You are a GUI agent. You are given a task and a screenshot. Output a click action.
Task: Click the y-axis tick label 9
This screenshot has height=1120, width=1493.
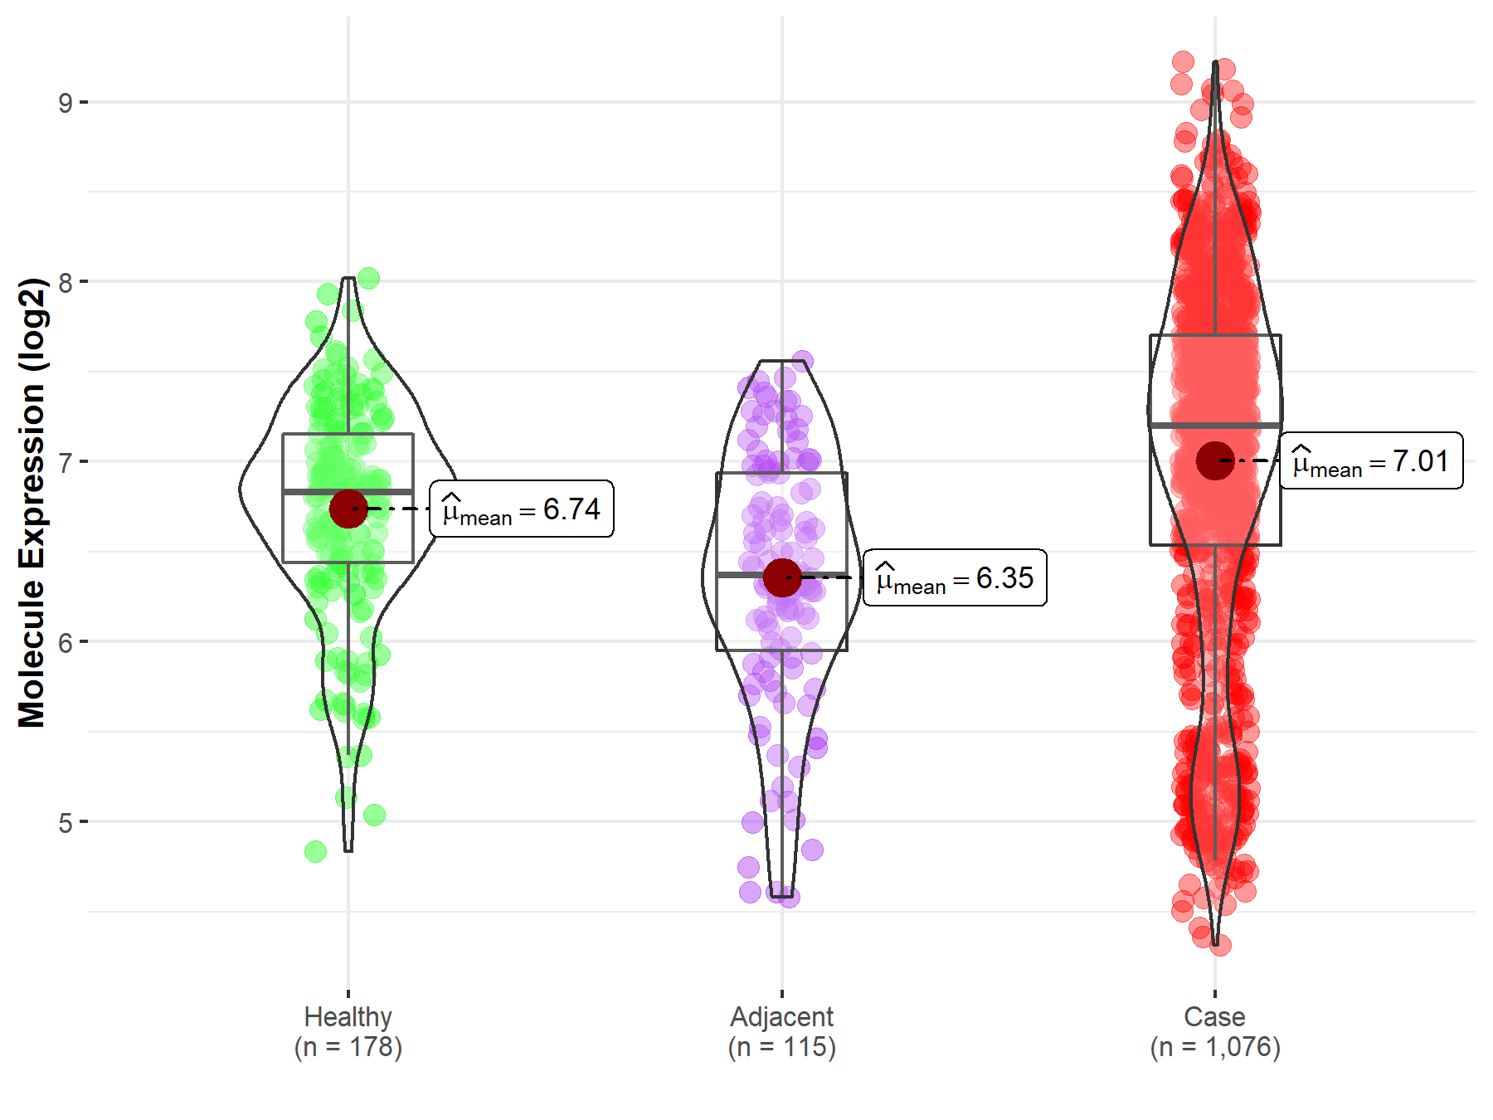click(65, 103)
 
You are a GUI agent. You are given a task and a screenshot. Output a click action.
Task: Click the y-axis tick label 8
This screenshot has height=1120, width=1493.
click(65, 282)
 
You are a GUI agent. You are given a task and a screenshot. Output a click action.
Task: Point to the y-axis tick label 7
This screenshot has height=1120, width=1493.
click(65, 462)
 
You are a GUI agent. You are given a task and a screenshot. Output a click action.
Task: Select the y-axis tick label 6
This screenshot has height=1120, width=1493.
click(65, 642)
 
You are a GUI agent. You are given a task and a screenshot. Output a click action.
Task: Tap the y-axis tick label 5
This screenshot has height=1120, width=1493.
click(65, 822)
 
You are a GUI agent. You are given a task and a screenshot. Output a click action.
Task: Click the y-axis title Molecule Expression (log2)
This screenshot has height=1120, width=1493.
click(32, 503)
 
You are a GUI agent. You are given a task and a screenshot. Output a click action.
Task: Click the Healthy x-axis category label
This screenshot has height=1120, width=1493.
click(348, 1016)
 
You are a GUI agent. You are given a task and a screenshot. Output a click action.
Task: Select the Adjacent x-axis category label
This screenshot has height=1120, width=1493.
click(781, 1016)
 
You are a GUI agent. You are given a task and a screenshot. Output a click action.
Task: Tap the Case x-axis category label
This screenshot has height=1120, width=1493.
click(1214, 1016)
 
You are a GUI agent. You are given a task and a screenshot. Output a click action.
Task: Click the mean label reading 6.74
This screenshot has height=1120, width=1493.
click(522, 509)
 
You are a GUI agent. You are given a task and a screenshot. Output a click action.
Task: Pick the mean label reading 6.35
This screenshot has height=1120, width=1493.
click(955, 577)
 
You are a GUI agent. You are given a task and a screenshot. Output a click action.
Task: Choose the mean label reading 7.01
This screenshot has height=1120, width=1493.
click(1371, 460)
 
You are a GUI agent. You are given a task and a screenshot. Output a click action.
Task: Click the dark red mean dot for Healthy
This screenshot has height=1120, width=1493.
click(348, 509)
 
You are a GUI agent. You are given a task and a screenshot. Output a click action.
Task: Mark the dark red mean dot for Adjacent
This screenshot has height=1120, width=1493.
click(782, 577)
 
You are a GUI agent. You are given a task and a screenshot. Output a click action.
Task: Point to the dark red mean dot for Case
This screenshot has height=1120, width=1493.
click(1215, 460)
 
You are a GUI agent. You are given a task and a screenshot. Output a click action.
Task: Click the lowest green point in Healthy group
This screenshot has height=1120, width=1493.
click(315, 851)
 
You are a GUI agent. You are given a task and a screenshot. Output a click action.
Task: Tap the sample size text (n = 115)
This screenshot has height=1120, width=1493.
click(781, 1047)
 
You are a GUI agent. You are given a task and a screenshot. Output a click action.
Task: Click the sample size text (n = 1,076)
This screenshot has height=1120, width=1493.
click(1214, 1047)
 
